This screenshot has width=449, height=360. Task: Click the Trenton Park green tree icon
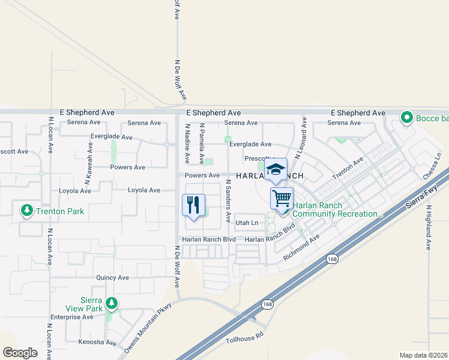pyautogui.click(x=26, y=211)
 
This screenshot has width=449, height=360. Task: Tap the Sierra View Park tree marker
pyautogui.click(x=110, y=304)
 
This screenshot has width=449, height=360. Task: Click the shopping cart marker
pyautogui.click(x=282, y=197)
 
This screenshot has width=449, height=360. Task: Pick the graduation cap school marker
pyautogui.click(x=276, y=170)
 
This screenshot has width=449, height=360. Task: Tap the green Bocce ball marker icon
pyautogui.click(x=407, y=118)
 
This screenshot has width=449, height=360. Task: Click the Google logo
pyautogui.click(x=20, y=353)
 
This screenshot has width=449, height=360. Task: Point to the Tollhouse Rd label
pyautogui.click(x=244, y=340)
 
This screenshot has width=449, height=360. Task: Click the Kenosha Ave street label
pyautogui.click(x=97, y=343)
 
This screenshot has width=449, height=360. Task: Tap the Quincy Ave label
pyautogui.click(x=113, y=278)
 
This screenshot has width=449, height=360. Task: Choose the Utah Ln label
pyautogui.click(x=247, y=223)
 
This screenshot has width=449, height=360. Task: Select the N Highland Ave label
pyautogui.click(x=429, y=227)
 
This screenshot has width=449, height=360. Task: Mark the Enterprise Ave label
pyautogui.click(x=71, y=317)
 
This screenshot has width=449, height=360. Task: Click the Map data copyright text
pyautogui.click(x=423, y=355)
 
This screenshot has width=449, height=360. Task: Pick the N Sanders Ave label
pyautogui.click(x=228, y=200)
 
